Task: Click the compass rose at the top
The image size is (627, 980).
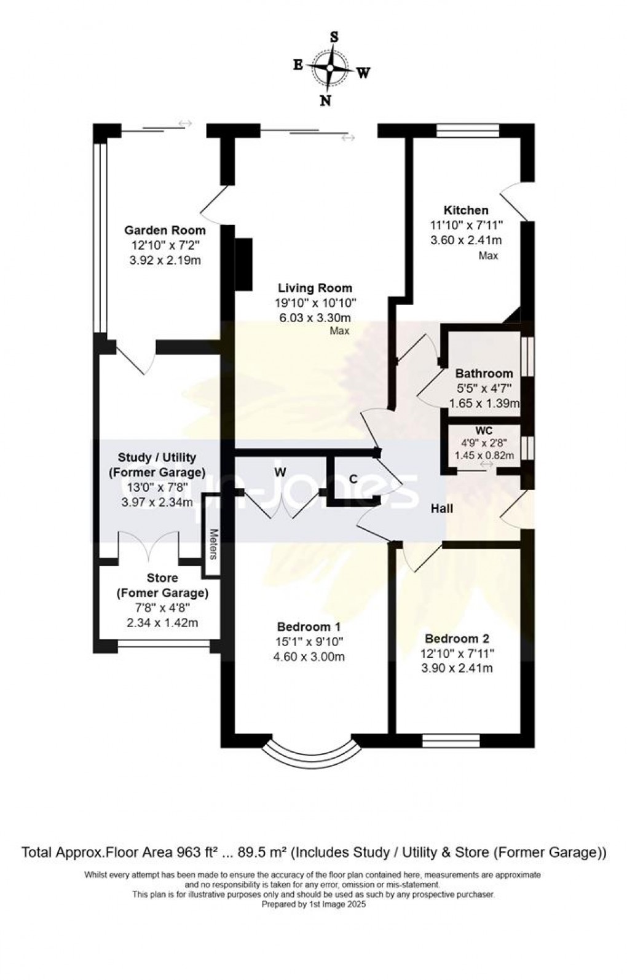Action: click(331, 68)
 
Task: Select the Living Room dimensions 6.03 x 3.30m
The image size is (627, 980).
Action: click(313, 318)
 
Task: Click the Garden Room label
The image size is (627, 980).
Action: click(165, 231)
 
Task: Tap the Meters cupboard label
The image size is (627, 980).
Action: click(213, 545)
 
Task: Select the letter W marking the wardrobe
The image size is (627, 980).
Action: click(280, 472)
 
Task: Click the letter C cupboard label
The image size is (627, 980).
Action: click(353, 479)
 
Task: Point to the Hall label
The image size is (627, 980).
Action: click(441, 508)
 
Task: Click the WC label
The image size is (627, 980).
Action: click(484, 431)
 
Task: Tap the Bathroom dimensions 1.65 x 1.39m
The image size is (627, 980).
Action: click(484, 404)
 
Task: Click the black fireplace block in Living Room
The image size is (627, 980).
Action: click(243, 264)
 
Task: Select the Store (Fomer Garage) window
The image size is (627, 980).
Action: click(164, 646)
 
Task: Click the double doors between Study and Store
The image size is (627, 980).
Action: click(149, 547)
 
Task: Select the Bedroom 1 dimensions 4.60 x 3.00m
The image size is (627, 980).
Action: click(309, 657)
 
